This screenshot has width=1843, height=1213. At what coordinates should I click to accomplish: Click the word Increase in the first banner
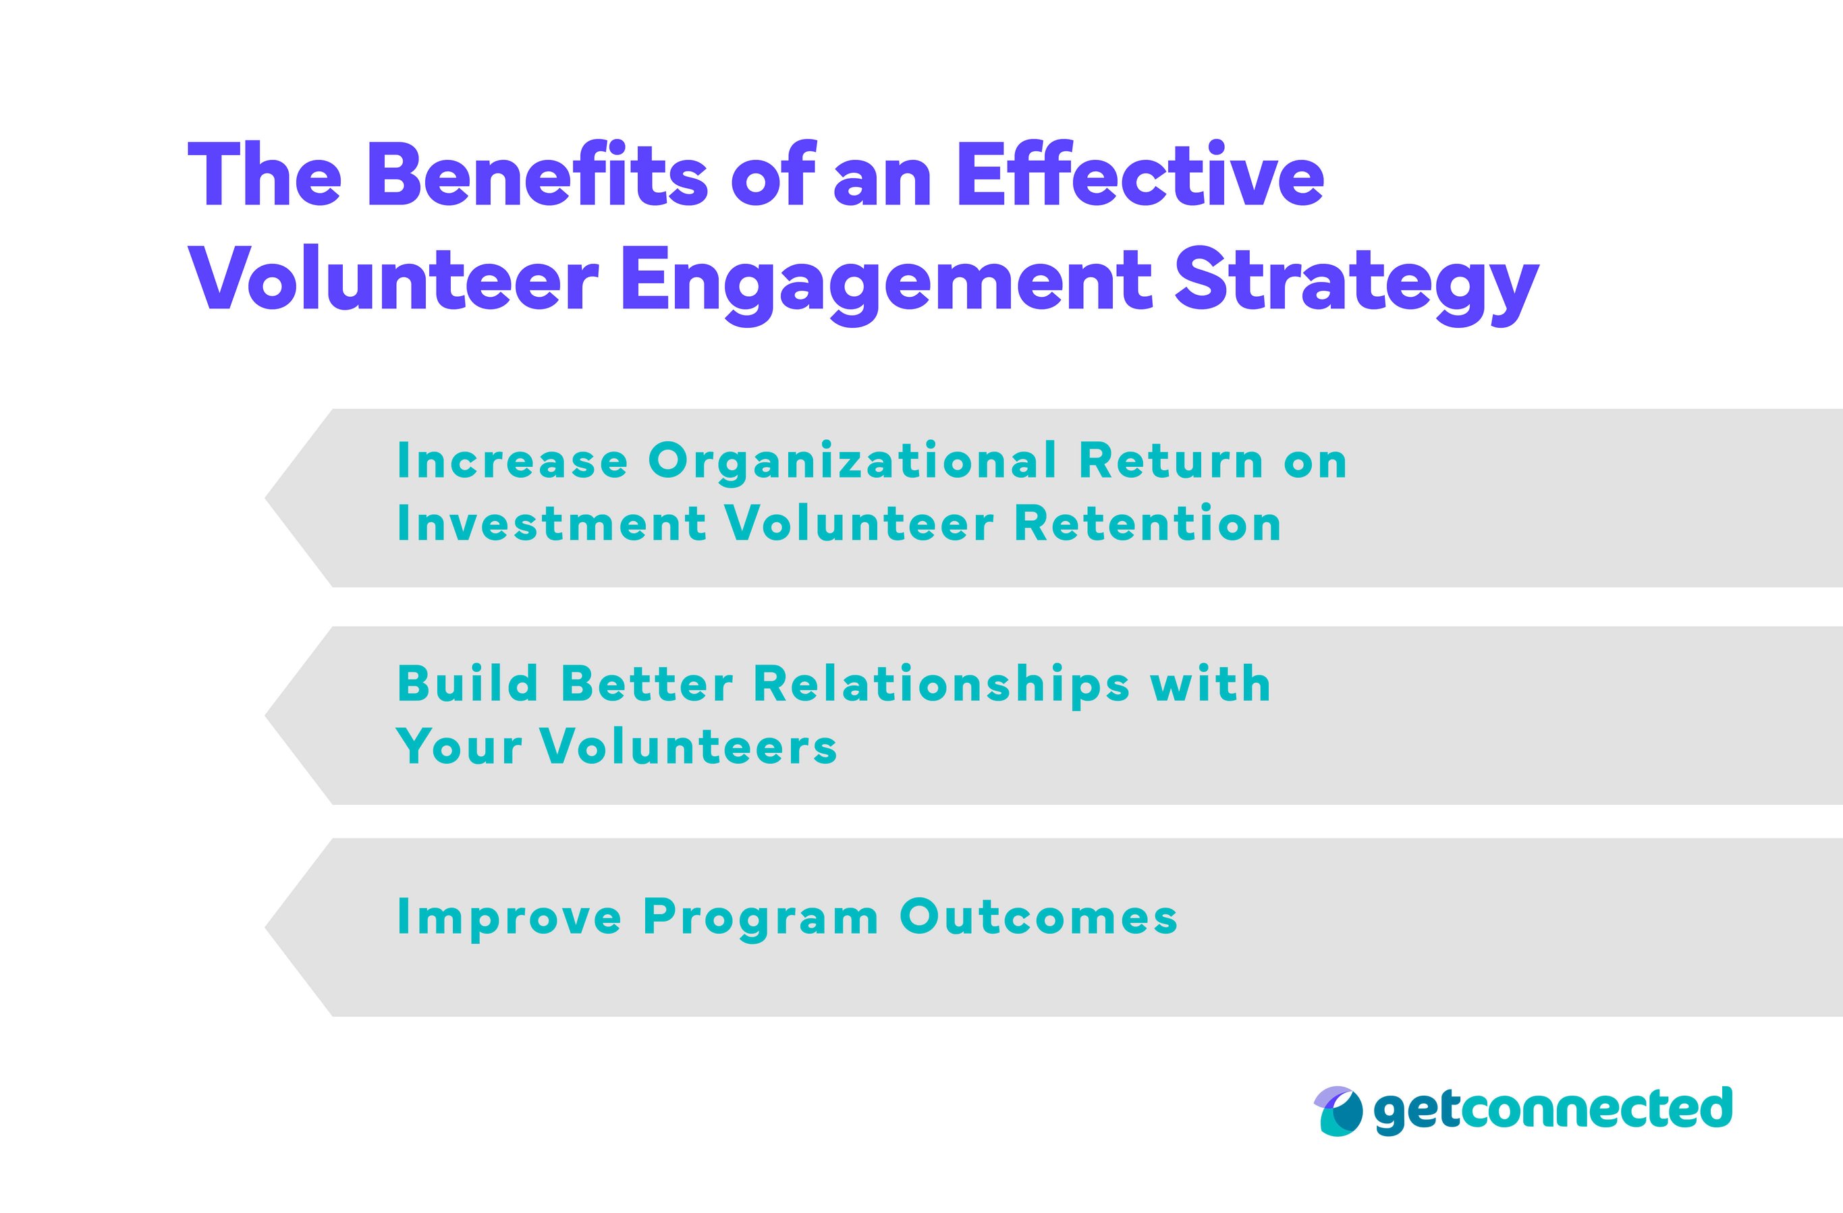pyautogui.click(x=512, y=461)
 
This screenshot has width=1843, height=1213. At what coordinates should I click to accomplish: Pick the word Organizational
pyautogui.click(x=852, y=463)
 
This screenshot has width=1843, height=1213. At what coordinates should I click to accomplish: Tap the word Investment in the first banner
pyautogui.click(x=551, y=524)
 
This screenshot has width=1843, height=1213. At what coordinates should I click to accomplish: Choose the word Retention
pyautogui.click(x=1148, y=524)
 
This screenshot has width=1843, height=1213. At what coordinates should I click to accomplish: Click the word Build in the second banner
pyautogui.click(x=468, y=684)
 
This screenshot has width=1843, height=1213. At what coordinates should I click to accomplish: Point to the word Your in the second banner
pyautogui.click(x=459, y=747)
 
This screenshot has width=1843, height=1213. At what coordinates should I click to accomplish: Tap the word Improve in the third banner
pyautogui.click(x=509, y=919)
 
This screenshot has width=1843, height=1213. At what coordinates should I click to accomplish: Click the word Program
pyautogui.click(x=761, y=919)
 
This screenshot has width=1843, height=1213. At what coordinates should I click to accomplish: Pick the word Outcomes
pyautogui.click(x=1038, y=918)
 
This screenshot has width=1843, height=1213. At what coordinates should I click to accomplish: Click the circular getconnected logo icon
pyautogui.click(x=1338, y=1111)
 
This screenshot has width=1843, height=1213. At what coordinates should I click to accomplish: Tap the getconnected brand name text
pyautogui.click(x=1553, y=1109)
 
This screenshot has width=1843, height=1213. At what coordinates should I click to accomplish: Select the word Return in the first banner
pyautogui.click(x=1171, y=461)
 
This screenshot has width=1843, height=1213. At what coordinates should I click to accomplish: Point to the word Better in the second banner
pyautogui.click(x=647, y=684)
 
